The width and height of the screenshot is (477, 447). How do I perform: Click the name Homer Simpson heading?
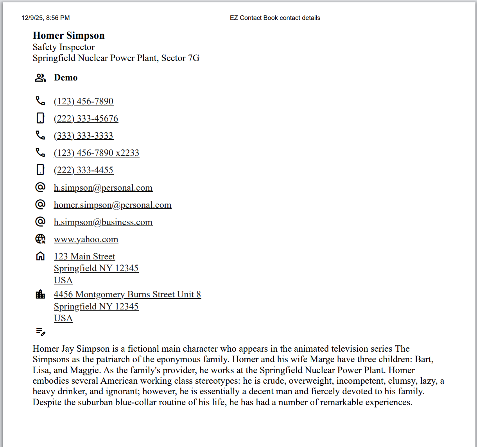pyautogui.click(x=68, y=36)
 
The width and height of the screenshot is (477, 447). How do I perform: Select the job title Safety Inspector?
pyautogui.click(x=63, y=47)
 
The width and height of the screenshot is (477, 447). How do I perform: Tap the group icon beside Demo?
pyautogui.click(x=40, y=78)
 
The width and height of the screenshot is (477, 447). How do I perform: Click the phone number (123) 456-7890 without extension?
pyautogui.click(x=83, y=102)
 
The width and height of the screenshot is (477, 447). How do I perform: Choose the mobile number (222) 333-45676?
pyautogui.click(x=86, y=119)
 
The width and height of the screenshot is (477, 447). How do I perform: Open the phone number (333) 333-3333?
pyautogui.click(x=83, y=136)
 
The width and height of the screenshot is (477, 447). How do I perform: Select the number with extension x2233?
pyautogui.click(x=96, y=153)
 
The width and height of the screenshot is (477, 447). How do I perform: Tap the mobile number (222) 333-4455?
pyautogui.click(x=83, y=170)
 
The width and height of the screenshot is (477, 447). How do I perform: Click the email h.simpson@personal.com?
pyautogui.click(x=103, y=188)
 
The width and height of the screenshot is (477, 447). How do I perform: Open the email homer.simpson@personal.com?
pyautogui.click(x=112, y=205)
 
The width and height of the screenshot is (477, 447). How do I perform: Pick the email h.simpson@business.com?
pyautogui.click(x=103, y=222)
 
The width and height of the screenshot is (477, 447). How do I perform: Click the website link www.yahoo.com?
pyautogui.click(x=86, y=240)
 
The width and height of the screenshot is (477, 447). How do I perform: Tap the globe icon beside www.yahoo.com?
pyautogui.click(x=40, y=239)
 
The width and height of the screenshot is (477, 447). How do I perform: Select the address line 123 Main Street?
pyautogui.click(x=84, y=257)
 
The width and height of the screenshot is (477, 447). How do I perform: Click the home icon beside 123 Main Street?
pyautogui.click(x=40, y=256)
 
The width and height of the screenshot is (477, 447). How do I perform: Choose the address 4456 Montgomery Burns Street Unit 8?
pyautogui.click(x=127, y=295)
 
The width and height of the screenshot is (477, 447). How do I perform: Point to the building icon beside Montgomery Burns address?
pyautogui.click(x=40, y=294)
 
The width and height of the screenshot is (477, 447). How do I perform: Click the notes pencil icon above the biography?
pyautogui.click(x=41, y=332)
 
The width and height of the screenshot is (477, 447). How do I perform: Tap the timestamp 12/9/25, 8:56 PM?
pyautogui.click(x=46, y=18)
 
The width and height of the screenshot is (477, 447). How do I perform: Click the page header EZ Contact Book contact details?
pyautogui.click(x=275, y=18)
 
